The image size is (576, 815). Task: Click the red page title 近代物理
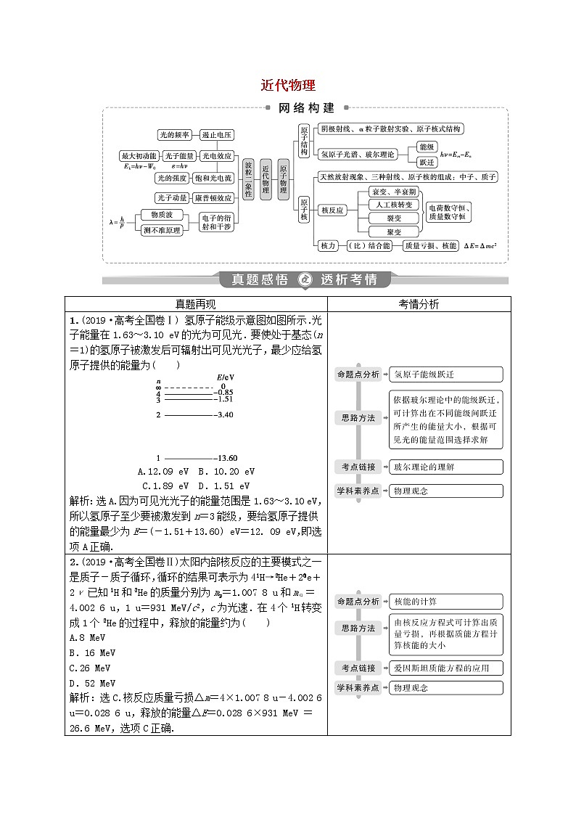tap(288, 85)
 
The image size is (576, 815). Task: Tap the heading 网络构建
tap(306, 108)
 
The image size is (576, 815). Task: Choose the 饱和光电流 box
tap(214, 178)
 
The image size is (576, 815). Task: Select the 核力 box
tap(328, 246)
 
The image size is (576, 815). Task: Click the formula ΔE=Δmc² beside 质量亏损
tap(484, 246)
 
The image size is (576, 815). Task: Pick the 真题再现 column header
tap(196, 304)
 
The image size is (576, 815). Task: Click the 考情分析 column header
tap(419, 304)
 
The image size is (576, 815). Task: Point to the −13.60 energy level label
tap(226, 458)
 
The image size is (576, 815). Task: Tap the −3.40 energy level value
tap(223, 414)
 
